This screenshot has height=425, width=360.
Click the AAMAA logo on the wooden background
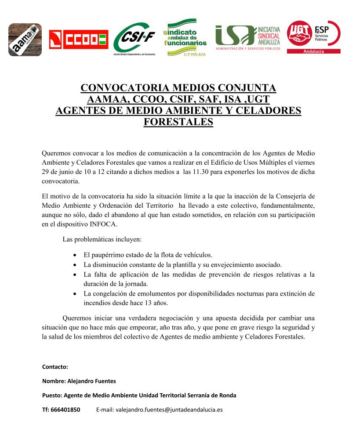click(25, 40)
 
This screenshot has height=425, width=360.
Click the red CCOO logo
click(78, 40)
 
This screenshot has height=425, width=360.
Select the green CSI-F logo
click(134, 41)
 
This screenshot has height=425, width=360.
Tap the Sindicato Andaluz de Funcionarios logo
click(185, 38)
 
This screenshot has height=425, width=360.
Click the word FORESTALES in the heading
click(178, 122)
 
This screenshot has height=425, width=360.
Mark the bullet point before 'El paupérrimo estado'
click(76, 255)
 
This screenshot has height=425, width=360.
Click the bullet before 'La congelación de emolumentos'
click(76, 293)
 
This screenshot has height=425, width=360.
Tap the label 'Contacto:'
click(55, 366)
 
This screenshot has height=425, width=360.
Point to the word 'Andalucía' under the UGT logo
click(313, 51)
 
